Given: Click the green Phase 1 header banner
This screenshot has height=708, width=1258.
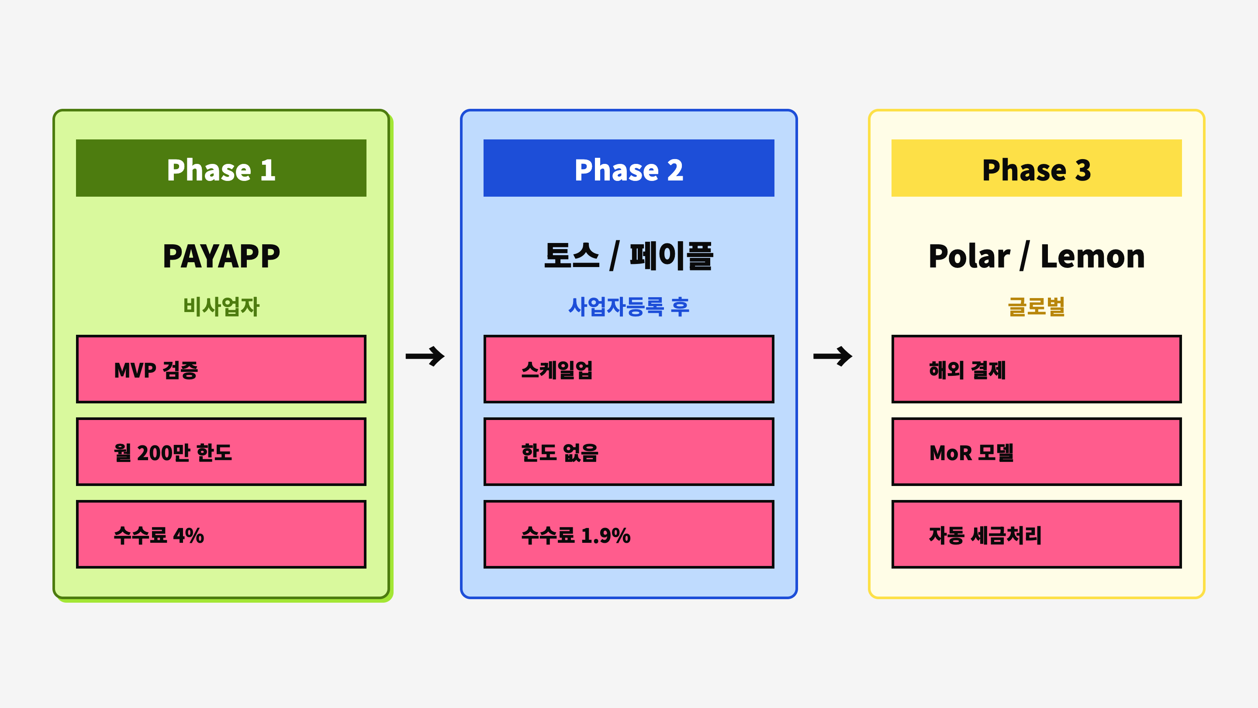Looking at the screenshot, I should [221, 168].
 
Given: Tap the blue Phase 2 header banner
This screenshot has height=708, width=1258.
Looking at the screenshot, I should [629, 168].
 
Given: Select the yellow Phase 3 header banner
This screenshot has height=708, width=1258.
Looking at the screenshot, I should [1036, 168].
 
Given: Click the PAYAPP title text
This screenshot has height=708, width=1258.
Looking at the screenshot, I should [221, 256].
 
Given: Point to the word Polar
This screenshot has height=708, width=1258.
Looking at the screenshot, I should [969, 256].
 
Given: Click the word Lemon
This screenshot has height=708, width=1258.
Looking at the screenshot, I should [1092, 256].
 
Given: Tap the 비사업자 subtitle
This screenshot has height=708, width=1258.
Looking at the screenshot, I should [221, 307].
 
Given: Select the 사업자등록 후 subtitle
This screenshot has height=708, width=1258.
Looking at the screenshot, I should [629, 307].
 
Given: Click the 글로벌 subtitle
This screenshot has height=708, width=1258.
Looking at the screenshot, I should [1036, 307].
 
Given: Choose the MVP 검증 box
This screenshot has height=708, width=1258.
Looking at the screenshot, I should [221, 369].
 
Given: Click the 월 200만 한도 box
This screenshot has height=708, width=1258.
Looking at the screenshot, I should [221, 452].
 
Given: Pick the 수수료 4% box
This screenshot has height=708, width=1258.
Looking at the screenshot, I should [221, 534].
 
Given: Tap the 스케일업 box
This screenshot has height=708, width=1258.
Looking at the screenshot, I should [629, 369].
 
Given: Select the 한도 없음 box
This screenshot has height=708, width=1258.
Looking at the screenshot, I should [629, 452].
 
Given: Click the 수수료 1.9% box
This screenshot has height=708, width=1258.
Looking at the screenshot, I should [629, 534].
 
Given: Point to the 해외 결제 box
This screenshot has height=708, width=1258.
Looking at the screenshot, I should [1036, 369].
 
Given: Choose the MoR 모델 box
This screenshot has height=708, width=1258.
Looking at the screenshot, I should [1036, 452].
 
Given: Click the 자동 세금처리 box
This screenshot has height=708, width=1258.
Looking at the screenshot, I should [1036, 534].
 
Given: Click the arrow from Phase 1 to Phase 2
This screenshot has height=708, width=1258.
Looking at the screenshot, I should [425, 356].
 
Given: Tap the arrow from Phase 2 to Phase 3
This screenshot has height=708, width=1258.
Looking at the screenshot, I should [833, 356].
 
